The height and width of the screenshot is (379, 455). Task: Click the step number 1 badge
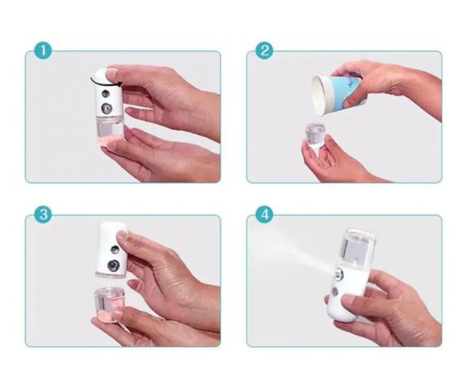tap(43, 51)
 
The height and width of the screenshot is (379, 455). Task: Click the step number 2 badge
tap(264, 51)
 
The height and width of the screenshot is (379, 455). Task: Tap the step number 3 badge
tap(43, 215)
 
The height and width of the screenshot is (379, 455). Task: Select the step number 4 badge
tap(264, 215)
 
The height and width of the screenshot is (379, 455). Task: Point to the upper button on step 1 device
tap(105, 93)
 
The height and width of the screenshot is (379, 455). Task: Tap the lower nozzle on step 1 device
tap(106, 109)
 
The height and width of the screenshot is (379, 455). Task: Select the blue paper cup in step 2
tap(337, 93)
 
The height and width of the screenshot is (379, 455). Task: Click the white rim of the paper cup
tap(318, 96)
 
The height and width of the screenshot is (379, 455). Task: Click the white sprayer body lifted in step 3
tap(113, 250)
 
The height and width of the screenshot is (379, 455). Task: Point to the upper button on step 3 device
tap(115, 250)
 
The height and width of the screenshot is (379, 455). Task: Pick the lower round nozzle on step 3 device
tap(113, 266)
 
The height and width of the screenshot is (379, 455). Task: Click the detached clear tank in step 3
tap(109, 304)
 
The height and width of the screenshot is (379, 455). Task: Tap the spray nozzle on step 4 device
tap(338, 274)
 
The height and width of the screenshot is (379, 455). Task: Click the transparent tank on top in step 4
tap(357, 247)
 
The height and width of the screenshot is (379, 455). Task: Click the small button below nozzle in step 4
tap(335, 292)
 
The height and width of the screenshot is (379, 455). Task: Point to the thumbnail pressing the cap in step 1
tap(111, 74)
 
